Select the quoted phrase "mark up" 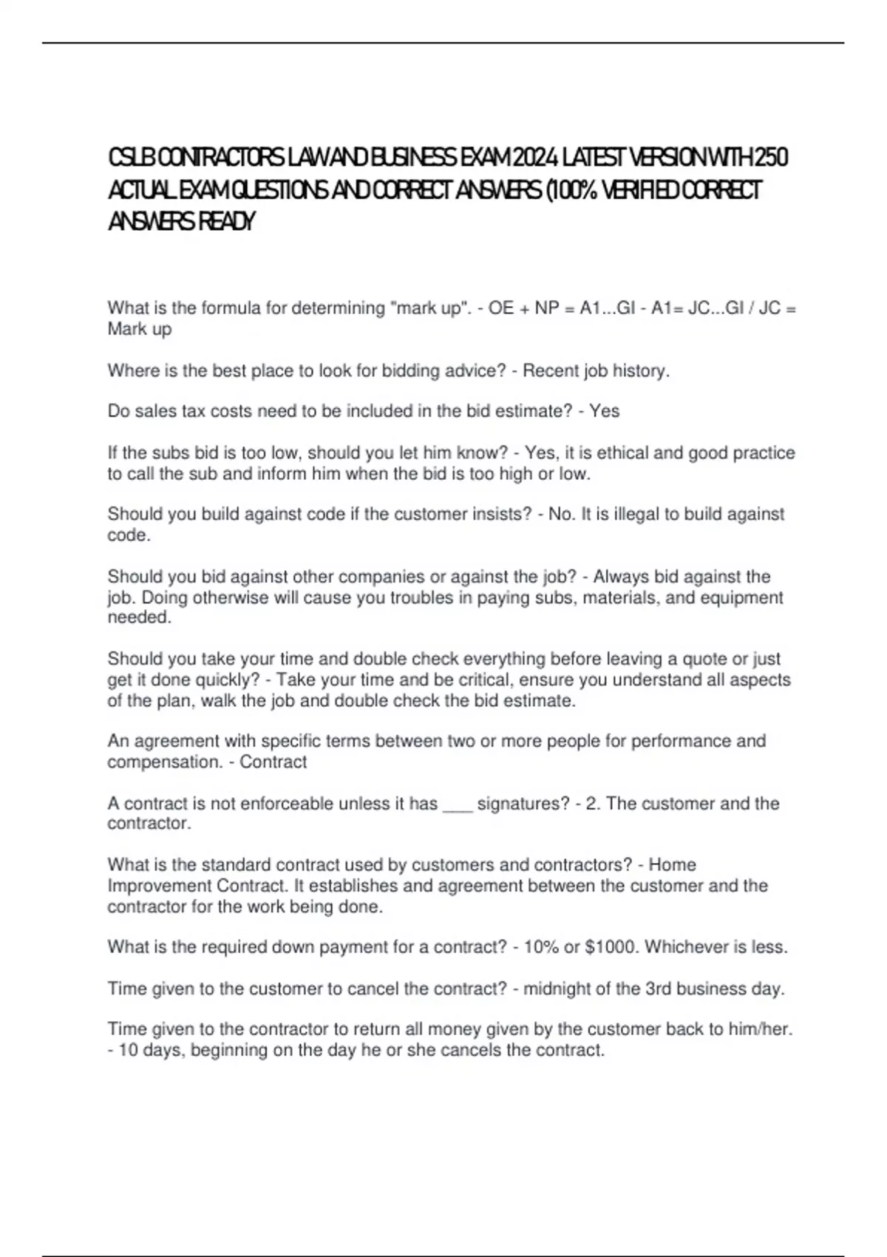click(429, 308)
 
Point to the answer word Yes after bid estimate click(605, 411)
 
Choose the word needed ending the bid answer click(139, 618)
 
